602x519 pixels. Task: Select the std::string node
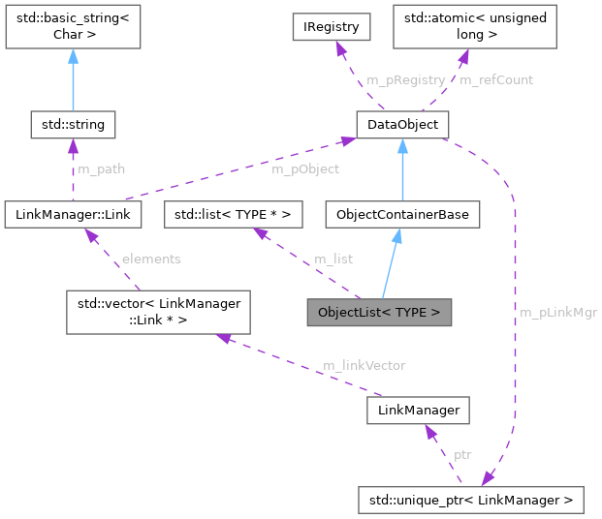click(73, 124)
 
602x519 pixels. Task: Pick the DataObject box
click(401, 124)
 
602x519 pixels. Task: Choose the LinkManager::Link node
click(73, 212)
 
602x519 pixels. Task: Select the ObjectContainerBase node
click(401, 212)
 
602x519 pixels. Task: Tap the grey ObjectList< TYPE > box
click(379, 312)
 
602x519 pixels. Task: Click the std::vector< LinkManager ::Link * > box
click(158, 312)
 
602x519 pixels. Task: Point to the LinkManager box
click(419, 412)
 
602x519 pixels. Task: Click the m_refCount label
click(495, 79)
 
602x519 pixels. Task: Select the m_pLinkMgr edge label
click(558, 312)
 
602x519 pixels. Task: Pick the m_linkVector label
click(364, 365)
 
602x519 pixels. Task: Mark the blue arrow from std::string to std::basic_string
click(73, 82)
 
